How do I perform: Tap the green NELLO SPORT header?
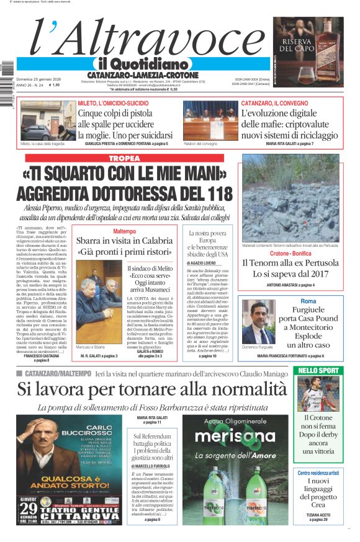[318, 370]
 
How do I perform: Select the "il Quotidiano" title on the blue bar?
[142, 64]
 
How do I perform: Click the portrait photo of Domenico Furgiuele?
[258, 322]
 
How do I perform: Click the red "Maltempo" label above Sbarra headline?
[124, 231]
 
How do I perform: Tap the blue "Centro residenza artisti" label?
[318, 473]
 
